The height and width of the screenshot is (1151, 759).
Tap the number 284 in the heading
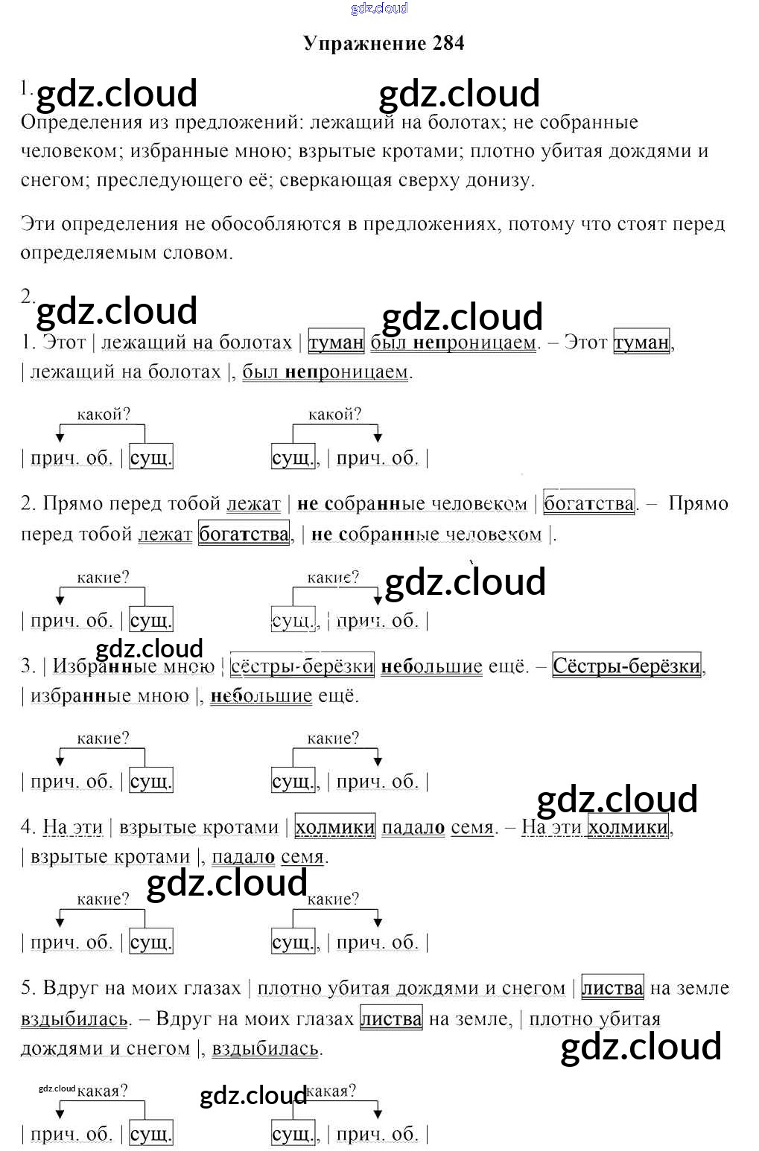click(x=448, y=43)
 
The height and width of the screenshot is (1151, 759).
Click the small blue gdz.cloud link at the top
click(x=379, y=8)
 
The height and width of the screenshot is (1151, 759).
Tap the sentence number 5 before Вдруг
click(x=27, y=988)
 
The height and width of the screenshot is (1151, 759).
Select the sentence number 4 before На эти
click(x=28, y=827)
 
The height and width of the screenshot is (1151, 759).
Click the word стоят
click(x=647, y=224)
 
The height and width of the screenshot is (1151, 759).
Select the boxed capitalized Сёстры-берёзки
click(x=626, y=666)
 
